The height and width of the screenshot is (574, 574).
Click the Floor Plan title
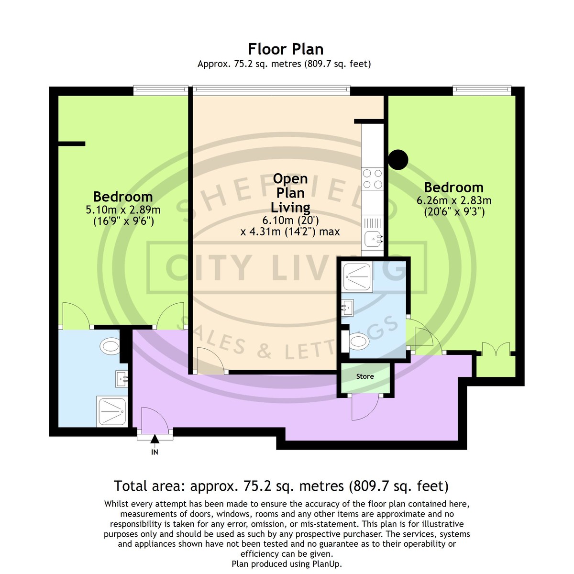coord(286,49)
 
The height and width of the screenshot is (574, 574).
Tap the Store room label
coord(365,376)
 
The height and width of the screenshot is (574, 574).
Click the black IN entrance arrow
coord(155,439)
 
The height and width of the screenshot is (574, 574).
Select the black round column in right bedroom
coord(398,160)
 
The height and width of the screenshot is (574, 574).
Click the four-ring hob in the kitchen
coord(372,179)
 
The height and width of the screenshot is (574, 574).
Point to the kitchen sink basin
coord(373,239)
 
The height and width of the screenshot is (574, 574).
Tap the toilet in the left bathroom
coord(110,346)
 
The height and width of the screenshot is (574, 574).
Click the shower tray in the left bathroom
coord(112,411)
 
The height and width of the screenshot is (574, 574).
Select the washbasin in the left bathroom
coord(121,379)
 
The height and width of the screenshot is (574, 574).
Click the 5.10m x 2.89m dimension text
coord(123,210)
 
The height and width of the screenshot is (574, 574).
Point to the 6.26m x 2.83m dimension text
coord(454,200)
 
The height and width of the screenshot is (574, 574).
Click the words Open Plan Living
coord(290,193)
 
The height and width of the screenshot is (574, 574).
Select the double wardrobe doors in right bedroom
coord(496,349)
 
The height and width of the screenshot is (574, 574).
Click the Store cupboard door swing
coord(365,407)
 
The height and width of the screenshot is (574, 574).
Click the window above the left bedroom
coord(161,90)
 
